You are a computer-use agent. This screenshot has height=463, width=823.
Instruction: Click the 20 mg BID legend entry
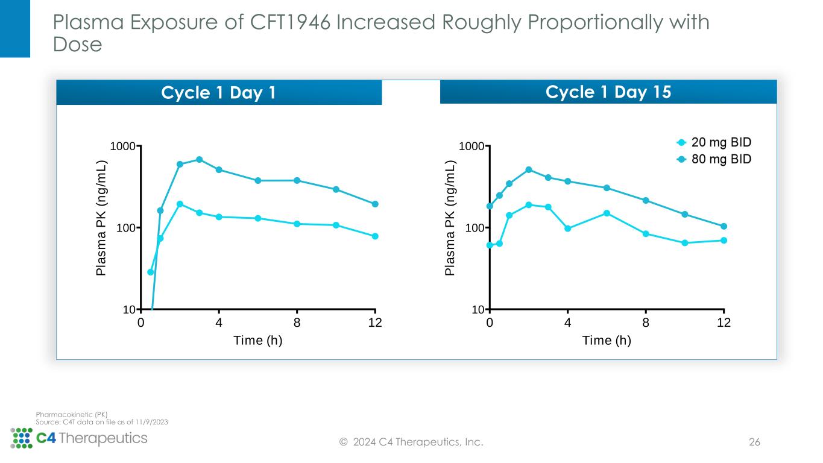click(713, 143)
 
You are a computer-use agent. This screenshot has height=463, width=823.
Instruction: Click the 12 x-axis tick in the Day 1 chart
click(375, 323)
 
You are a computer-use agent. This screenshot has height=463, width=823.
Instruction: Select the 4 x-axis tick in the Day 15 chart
click(567, 323)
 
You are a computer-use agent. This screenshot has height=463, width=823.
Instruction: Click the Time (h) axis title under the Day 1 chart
click(258, 341)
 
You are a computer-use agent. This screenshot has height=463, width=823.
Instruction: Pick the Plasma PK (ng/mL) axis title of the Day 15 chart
click(450, 218)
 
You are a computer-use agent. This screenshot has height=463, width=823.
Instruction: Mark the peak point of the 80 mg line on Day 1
click(199, 159)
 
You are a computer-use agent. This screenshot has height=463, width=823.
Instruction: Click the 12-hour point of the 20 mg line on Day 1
click(375, 236)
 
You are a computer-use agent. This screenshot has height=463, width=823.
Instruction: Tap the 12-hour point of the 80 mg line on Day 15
click(724, 226)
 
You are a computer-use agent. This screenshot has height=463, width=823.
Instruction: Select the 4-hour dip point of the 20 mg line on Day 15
click(567, 228)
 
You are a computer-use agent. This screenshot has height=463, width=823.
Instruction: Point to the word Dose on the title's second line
click(77, 45)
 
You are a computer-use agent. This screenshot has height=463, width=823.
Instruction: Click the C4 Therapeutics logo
click(79, 438)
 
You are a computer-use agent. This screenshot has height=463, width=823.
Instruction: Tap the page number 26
click(754, 443)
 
